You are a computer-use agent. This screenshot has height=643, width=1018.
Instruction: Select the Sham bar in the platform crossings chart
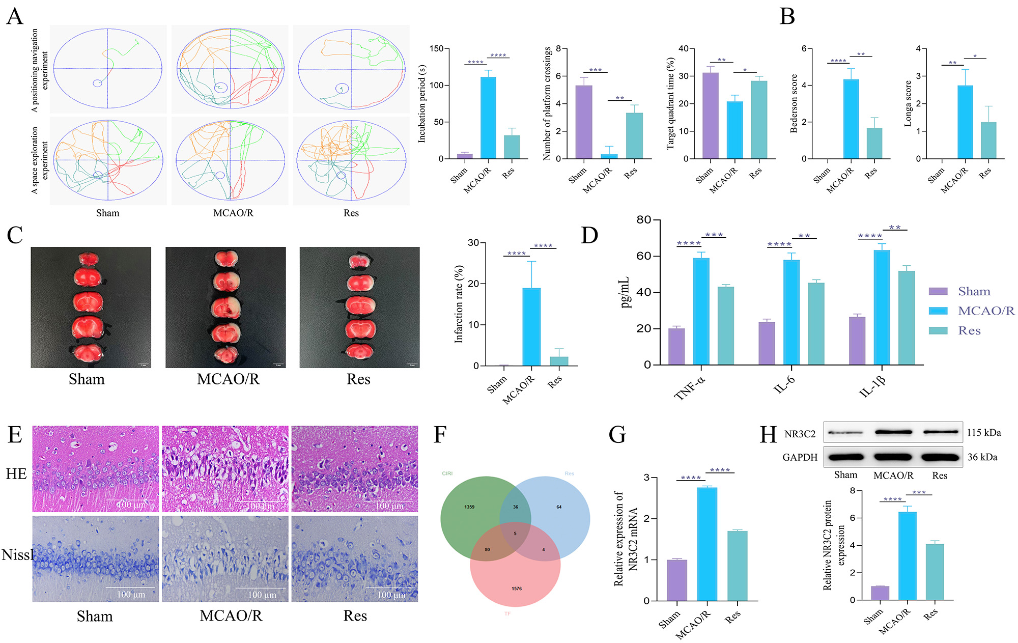[584, 122]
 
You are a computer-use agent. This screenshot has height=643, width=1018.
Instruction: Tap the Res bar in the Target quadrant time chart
[758, 120]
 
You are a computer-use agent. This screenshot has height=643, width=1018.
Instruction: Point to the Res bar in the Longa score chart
[988, 141]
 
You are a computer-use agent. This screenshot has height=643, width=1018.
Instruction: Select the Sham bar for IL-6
[767, 344]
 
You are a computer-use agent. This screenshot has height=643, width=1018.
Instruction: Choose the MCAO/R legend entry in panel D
[986, 311]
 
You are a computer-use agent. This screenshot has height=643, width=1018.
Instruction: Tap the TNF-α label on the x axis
[690, 387]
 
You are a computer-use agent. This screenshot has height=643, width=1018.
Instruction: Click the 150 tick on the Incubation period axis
[436, 49]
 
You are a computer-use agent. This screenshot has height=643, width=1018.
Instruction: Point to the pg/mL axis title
[625, 292]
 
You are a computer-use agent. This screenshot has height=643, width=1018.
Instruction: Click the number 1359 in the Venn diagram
[469, 507]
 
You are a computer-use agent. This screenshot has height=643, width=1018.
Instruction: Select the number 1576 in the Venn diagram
[517, 589]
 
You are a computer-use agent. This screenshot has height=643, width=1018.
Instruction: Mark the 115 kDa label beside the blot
[984, 433]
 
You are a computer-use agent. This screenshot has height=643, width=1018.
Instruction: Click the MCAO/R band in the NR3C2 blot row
[893, 432]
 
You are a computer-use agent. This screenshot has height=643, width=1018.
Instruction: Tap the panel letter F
[440, 435]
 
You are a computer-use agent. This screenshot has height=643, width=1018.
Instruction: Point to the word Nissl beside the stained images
[17, 554]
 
